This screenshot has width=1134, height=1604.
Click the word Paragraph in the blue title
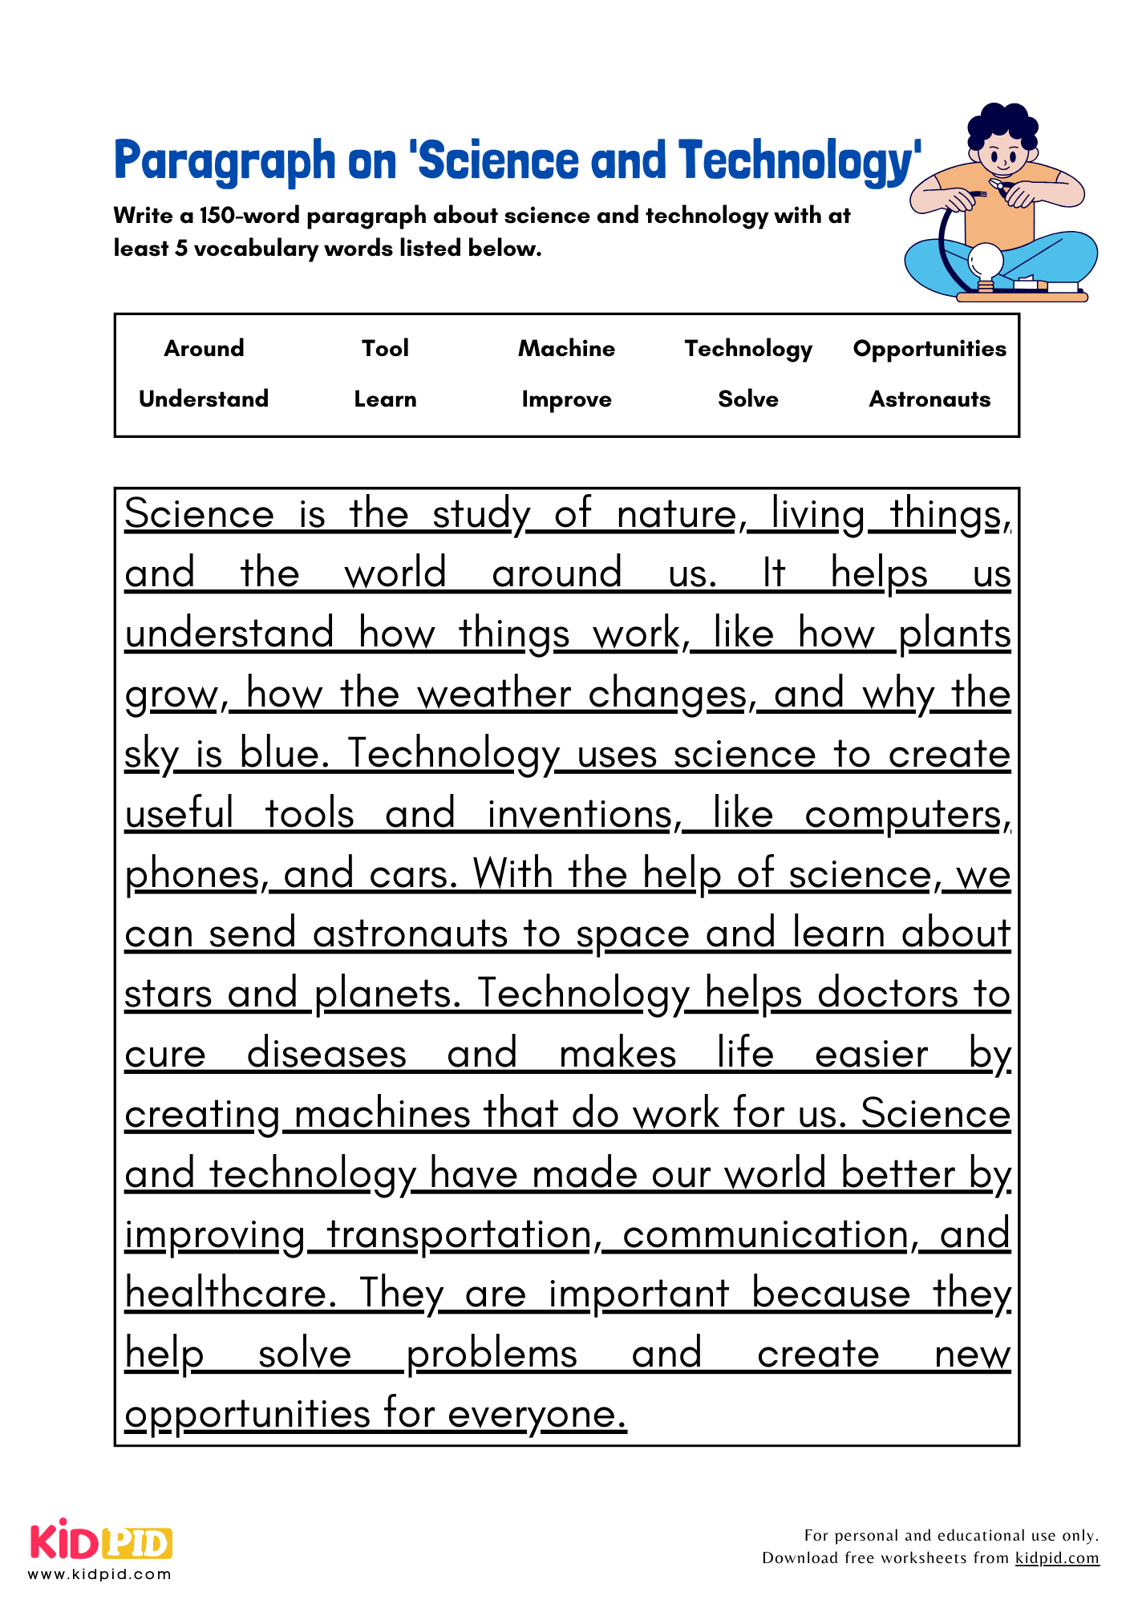click(224, 161)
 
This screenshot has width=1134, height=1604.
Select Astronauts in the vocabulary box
click(929, 399)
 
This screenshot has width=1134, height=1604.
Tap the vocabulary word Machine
click(566, 349)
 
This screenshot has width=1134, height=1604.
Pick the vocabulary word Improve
click(566, 399)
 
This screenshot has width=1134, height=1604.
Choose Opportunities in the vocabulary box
click(929, 349)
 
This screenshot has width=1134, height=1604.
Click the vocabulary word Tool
click(385, 349)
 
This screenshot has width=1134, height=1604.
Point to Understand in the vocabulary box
click(204, 399)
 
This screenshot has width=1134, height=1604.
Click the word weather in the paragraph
click(494, 694)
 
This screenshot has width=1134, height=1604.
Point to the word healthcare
click(229, 1294)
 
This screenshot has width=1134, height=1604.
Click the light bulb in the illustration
click(986, 262)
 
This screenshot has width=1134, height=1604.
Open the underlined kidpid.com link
click(1057, 1558)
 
